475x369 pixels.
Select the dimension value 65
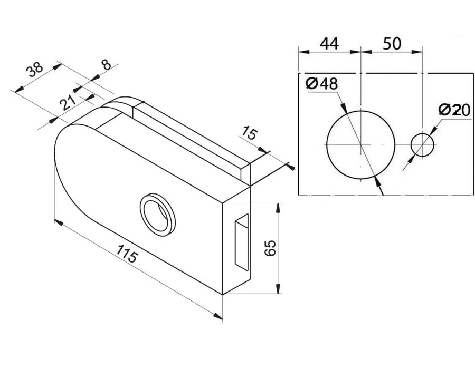click(x=269, y=247)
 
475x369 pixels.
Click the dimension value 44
click(x=329, y=44)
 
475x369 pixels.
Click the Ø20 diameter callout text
click(x=454, y=110)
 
